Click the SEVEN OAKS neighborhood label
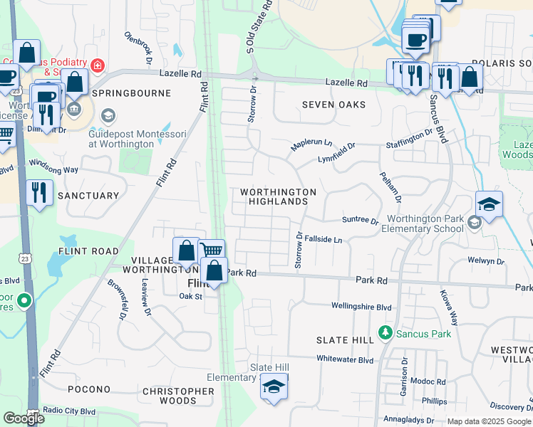(333, 105)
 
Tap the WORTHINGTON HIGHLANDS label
(278, 197)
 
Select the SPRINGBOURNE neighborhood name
(131, 93)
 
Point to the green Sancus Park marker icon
(385, 332)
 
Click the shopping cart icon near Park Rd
(212, 250)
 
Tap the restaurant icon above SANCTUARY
(38, 192)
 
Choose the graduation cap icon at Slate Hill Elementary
(273, 386)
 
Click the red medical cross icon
(97, 66)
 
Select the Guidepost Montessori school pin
(108, 116)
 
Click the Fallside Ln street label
(324, 241)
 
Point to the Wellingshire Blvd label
(361, 307)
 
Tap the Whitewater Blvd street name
(345, 360)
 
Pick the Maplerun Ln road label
(311, 145)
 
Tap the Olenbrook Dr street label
(138, 46)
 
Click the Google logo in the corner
(24, 418)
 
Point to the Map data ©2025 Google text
(489, 421)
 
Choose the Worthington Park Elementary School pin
(473, 224)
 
